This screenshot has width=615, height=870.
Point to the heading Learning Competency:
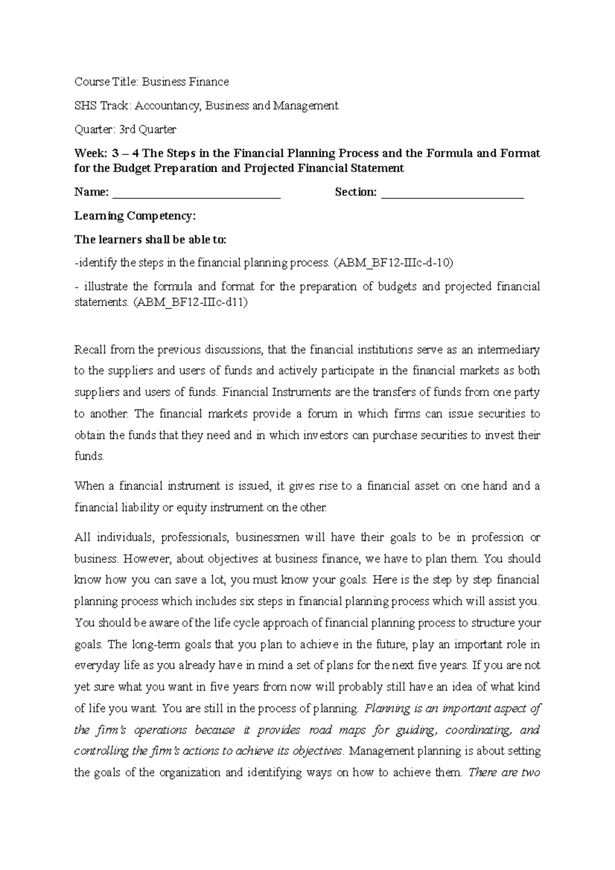(x=135, y=216)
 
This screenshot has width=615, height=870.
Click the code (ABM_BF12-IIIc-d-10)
(x=393, y=263)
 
